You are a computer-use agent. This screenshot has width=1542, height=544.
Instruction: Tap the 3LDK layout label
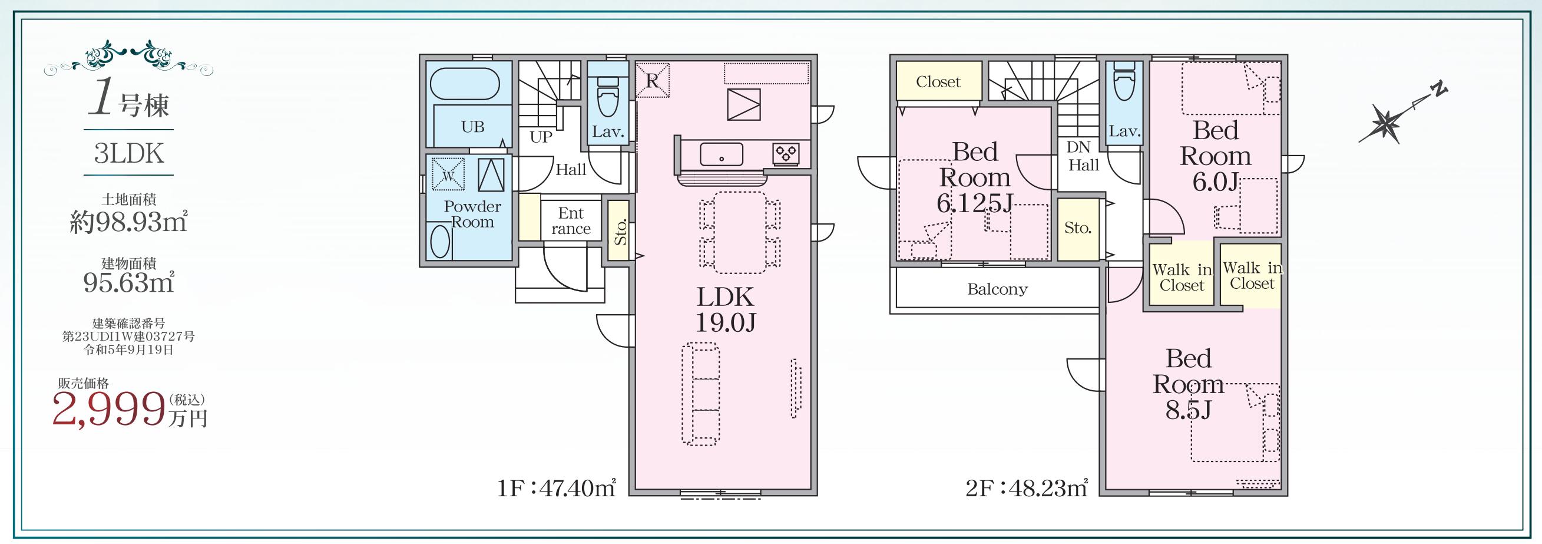129,153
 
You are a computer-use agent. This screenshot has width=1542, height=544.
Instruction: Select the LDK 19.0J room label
725,310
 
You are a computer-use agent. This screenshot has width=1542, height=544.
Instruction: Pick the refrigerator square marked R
653,80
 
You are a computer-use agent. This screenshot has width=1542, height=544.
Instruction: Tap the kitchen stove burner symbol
785,154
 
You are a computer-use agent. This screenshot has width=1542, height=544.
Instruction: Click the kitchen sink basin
722,154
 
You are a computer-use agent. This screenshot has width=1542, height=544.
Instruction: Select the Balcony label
997,289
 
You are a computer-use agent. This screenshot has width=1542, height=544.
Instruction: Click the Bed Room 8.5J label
1188,384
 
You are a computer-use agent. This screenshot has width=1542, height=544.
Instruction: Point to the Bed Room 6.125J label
975,178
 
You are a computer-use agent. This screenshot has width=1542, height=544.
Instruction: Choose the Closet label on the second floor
938,81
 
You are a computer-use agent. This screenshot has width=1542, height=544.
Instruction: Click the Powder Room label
472,215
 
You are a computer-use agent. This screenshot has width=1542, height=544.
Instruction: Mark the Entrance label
571,221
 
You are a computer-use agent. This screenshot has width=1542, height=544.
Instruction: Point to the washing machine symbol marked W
448,174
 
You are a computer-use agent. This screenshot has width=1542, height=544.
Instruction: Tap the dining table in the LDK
740,232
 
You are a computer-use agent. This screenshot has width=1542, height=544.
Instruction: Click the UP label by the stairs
541,137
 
